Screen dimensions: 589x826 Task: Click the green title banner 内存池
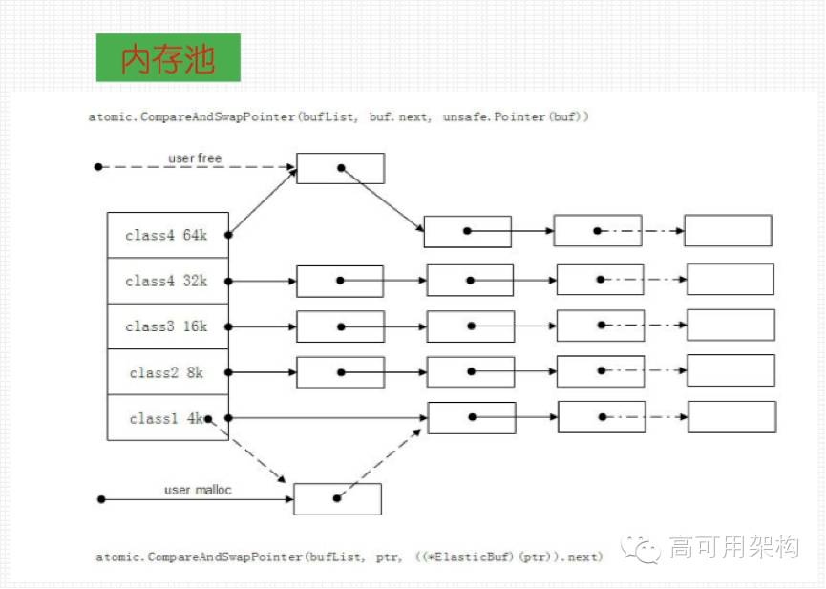[x=168, y=58]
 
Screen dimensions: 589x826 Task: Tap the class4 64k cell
[x=167, y=235]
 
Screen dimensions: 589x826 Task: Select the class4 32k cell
[x=167, y=281]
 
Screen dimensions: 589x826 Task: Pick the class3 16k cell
[x=167, y=326]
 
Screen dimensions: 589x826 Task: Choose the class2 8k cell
[x=167, y=372]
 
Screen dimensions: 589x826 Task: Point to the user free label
[x=195, y=158]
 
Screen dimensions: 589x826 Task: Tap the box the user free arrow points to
[x=340, y=168]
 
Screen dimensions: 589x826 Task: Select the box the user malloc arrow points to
[x=337, y=498]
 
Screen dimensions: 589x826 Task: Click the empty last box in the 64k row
[x=728, y=231]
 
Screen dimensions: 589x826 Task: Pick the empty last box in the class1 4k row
[x=731, y=417]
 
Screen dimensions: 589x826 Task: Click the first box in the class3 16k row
[x=340, y=326]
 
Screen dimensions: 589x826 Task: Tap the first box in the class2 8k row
[x=340, y=371]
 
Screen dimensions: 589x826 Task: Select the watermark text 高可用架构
[x=734, y=548]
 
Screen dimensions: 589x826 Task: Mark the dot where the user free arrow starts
[x=97, y=167]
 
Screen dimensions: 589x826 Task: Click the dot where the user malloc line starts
[x=98, y=499]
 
